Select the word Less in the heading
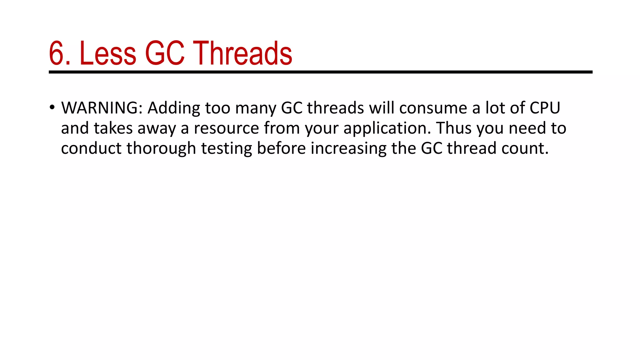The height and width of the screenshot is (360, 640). tap(108, 53)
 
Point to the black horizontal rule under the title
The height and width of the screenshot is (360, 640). tap(320, 72)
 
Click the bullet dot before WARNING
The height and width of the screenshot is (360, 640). tap(52, 107)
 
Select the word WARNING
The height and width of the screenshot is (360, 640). tap(102, 108)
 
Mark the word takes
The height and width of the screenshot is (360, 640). tap(113, 128)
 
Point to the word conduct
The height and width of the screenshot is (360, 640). tap(91, 148)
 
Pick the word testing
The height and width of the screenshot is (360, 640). tap(226, 149)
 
